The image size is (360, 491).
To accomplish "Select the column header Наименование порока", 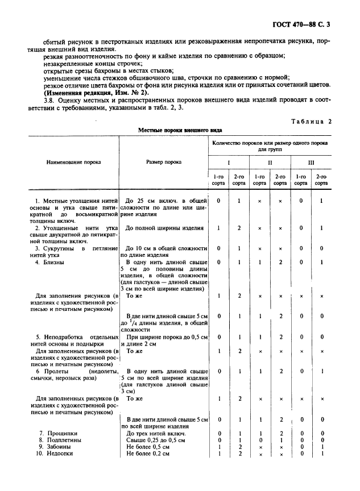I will click(73, 162).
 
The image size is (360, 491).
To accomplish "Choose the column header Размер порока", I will click(164, 162).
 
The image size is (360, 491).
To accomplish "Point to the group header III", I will click(311, 163).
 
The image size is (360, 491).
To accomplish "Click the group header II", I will click(270, 163).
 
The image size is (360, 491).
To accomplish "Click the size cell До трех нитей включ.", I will click(156, 434).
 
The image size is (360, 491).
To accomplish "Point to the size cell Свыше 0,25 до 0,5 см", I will click(155, 440).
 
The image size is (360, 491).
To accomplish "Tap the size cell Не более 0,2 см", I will click(147, 453).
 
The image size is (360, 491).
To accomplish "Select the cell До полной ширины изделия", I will click(164, 228).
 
